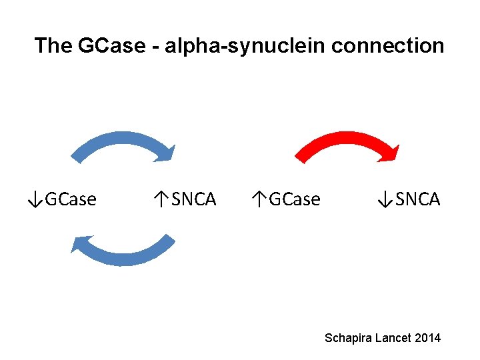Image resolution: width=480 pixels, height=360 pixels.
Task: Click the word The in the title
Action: [53, 46]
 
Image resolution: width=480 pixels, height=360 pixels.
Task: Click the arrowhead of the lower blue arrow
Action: [80, 245]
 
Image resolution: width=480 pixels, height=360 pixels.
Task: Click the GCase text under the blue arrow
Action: [70, 199]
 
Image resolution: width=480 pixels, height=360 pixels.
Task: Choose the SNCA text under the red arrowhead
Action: [417, 199]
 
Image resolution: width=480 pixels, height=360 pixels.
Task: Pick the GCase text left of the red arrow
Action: [294, 199]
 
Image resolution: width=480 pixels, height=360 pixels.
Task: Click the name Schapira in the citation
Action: [348, 338]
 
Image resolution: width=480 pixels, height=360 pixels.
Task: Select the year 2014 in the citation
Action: [427, 338]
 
